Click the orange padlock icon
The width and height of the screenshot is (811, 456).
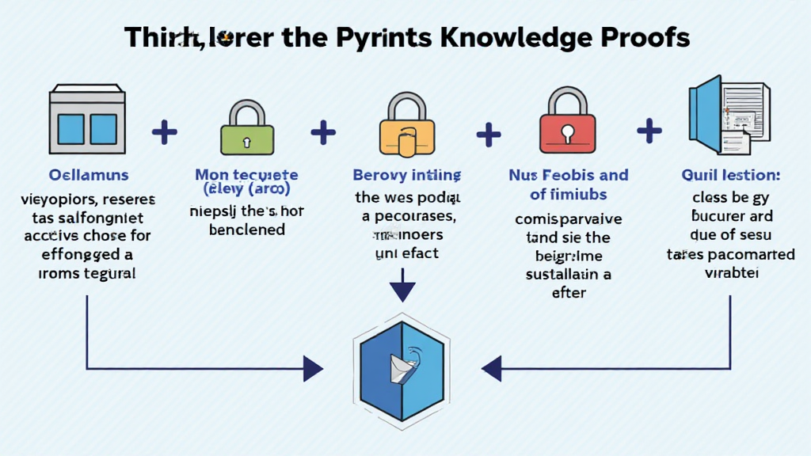tap(406, 127)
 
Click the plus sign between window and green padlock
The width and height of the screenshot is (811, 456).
tap(164, 132)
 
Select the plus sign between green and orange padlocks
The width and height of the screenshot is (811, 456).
tap(323, 131)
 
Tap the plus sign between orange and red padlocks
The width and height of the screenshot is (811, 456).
tap(489, 132)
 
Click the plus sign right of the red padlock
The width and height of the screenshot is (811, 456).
tap(649, 130)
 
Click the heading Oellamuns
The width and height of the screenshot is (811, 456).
tap(89, 175)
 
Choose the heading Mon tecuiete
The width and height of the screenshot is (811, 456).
tap(246, 175)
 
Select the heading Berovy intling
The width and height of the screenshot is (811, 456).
tap(407, 175)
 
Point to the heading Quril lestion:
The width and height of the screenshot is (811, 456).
tap(729, 175)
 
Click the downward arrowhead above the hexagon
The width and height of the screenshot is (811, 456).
tap(402, 291)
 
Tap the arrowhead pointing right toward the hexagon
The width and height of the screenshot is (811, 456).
tap(314, 368)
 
